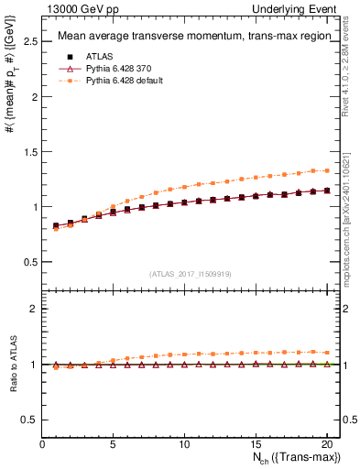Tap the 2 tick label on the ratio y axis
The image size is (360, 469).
[35, 309]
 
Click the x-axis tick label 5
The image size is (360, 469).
[114, 444]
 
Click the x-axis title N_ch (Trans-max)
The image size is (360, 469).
[297, 458]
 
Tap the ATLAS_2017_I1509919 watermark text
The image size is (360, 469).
[191, 273]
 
